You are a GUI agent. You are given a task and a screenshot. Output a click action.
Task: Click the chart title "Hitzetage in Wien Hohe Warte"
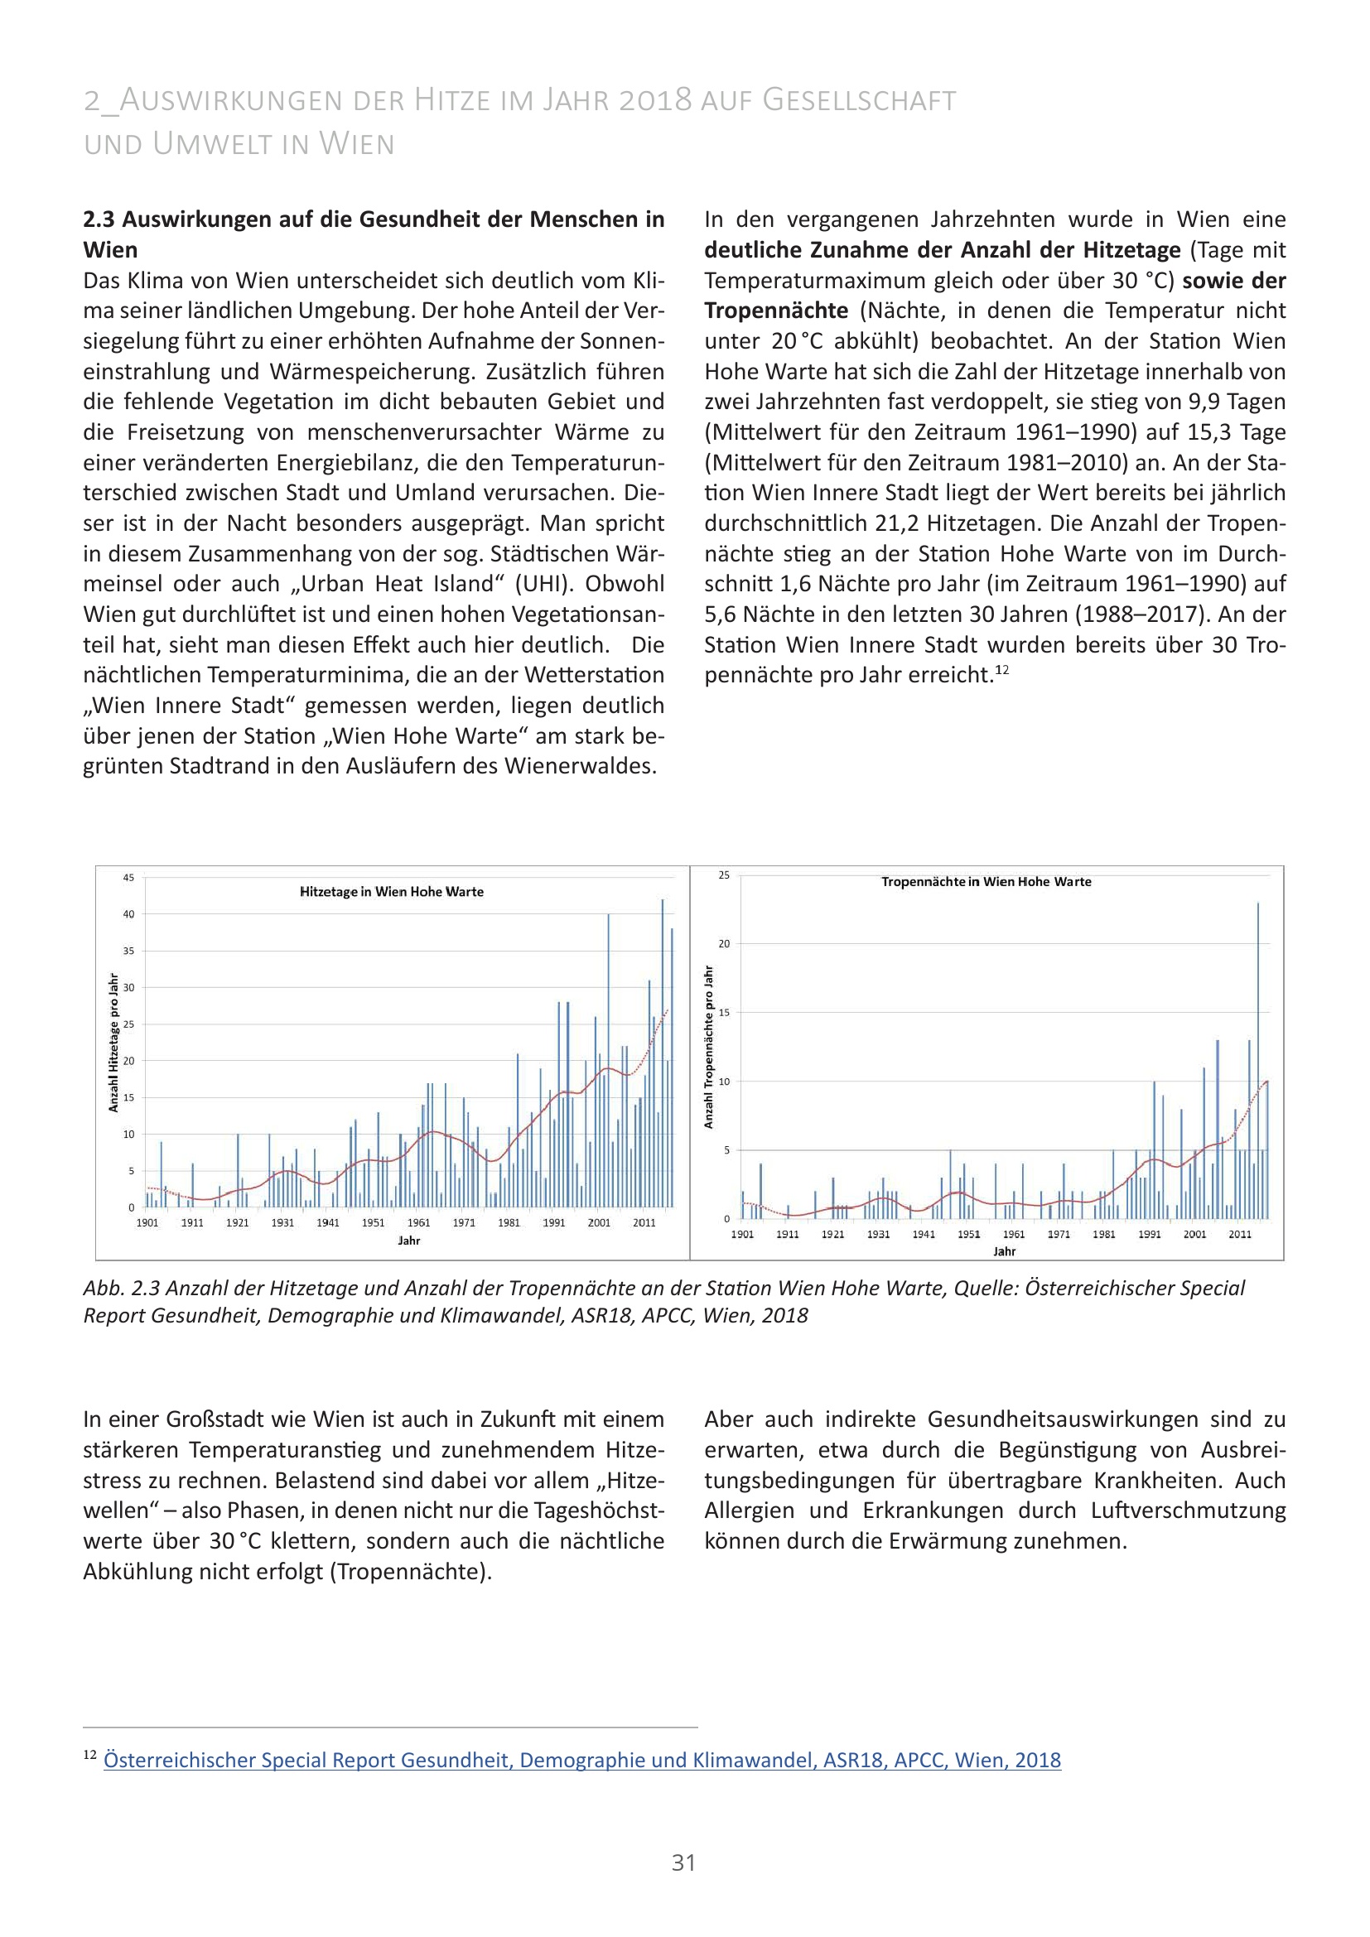tap(392, 892)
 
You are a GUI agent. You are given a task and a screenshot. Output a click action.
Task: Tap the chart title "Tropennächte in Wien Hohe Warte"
tap(986, 882)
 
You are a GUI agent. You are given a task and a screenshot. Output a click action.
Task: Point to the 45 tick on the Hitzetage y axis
tap(128, 877)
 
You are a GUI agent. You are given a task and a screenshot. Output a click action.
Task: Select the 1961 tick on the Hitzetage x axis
tap(418, 1222)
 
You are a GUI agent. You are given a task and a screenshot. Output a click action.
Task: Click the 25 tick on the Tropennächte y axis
tap(724, 875)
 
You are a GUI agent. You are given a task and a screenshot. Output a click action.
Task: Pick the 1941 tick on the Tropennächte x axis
tap(924, 1234)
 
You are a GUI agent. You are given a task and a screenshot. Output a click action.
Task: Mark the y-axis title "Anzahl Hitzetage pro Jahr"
tap(113, 1043)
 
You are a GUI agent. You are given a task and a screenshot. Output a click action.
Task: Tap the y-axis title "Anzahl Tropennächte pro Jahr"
tap(709, 1047)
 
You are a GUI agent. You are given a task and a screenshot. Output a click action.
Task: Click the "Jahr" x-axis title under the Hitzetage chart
tap(409, 1241)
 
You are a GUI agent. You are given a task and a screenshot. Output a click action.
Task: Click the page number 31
tap(683, 1862)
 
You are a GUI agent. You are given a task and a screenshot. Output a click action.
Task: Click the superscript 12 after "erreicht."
tap(1002, 670)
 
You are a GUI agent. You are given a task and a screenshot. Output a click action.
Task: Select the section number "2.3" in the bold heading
tap(99, 219)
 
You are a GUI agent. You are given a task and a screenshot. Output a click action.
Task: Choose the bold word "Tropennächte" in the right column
tap(776, 311)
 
